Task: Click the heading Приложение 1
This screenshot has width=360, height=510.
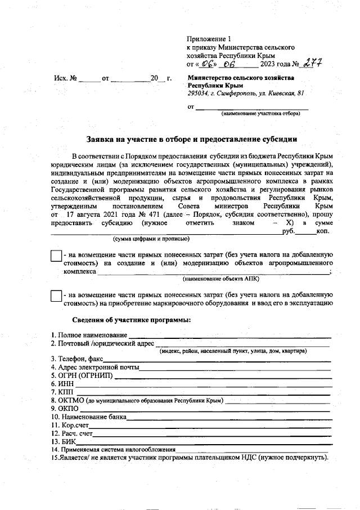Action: click(x=209, y=39)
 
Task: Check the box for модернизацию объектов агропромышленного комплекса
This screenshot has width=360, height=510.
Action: click(x=56, y=257)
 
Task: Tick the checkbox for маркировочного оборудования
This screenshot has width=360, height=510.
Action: click(x=56, y=297)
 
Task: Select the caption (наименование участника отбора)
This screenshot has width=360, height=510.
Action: click(x=260, y=113)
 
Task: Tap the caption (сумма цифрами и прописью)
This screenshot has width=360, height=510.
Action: click(x=150, y=239)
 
